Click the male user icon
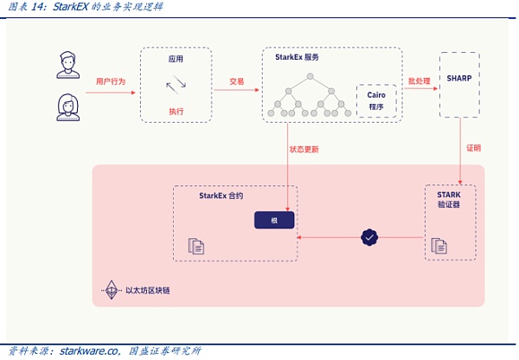pyautogui.click(x=68, y=63)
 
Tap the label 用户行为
pyautogui.click(x=110, y=80)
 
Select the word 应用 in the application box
pyautogui.click(x=176, y=59)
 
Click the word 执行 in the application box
pyautogui.click(x=176, y=112)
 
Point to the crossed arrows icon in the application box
pyautogui.click(x=176, y=85)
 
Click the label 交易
pyautogui.click(x=237, y=80)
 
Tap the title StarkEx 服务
pyautogui.click(x=291, y=56)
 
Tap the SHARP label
pyautogui.click(x=459, y=76)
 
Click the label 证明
pyautogui.click(x=473, y=147)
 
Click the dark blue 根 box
pyautogui.click(x=274, y=220)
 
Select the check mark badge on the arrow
pyautogui.click(x=369, y=235)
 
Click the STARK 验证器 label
pyautogui.click(x=449, y=201)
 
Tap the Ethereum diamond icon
pyautogui.click(x=111, y=290)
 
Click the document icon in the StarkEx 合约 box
pyautogui.click(x=196, y=246)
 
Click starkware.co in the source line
pyautogui.click(x=88, y=350)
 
